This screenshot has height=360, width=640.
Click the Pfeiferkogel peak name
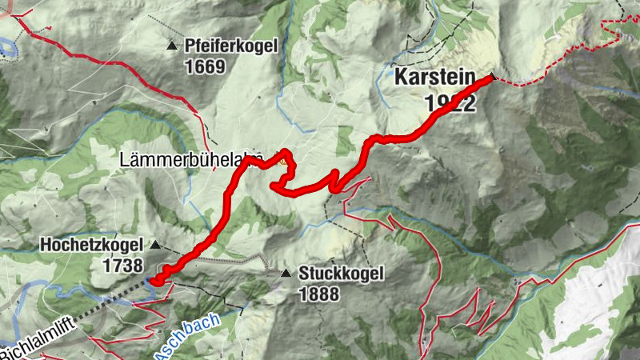tap(230, 46)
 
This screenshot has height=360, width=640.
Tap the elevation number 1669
tap(205, 66)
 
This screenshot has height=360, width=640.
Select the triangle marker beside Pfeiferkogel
tap(170, 46)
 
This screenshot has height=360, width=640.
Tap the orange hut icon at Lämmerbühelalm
tap(282, 161)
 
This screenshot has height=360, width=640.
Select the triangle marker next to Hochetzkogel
tap(155, 246)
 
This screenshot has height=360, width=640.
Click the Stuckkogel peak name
tap(341, 274)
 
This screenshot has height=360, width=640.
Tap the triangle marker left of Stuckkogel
tap(286, 274)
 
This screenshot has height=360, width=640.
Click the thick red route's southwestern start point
tap(156, 281)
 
